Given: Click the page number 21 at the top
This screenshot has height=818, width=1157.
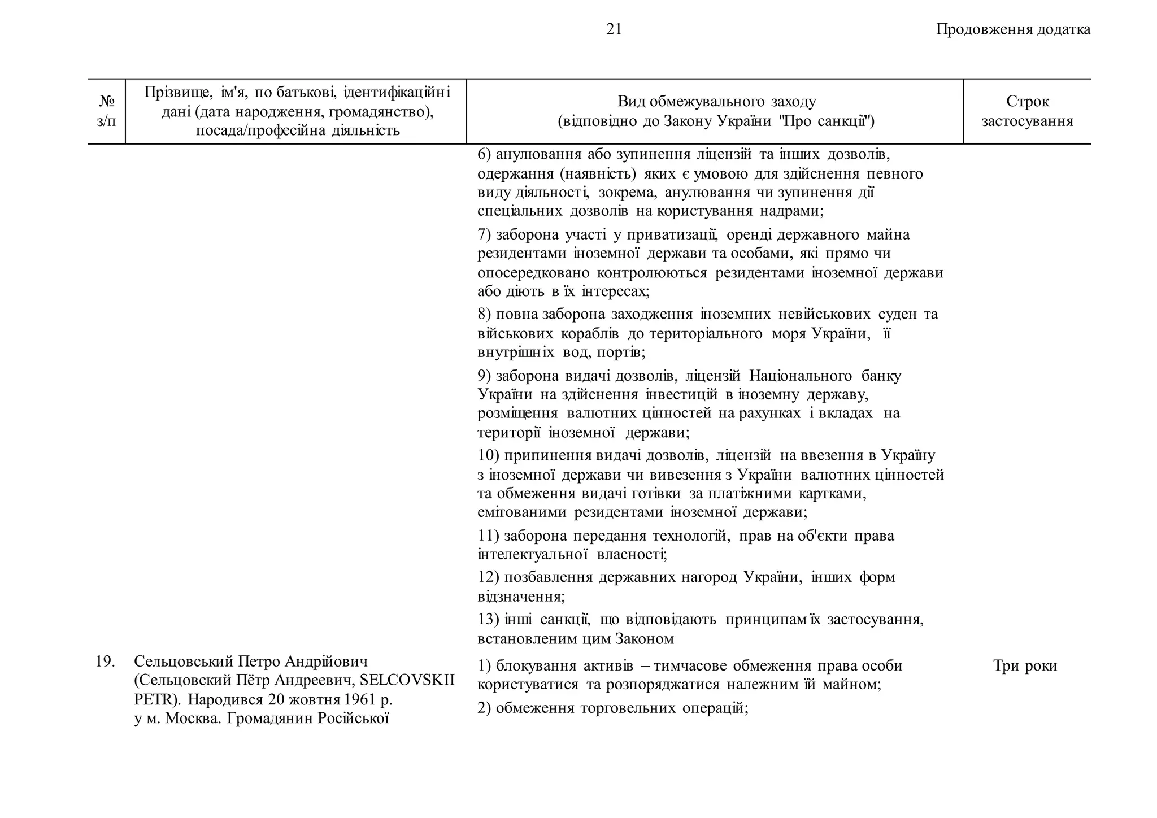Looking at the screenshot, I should point(614,29).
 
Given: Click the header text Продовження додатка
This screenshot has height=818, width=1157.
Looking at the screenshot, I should point(1013,29).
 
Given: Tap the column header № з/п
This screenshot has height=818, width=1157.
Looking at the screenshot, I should point(106,111).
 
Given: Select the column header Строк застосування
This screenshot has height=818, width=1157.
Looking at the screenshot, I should point(1027,111).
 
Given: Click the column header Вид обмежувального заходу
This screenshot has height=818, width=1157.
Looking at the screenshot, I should point(716,102).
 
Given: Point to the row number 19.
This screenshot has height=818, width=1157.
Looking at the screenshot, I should point(105,662).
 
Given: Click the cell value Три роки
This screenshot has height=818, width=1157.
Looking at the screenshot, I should point(1025,666).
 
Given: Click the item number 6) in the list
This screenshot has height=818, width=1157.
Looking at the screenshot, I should point(484,154).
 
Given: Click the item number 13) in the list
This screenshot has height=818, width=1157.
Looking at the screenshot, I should point(488,620).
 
